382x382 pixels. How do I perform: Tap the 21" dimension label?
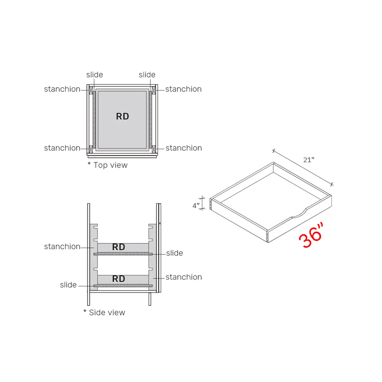[x=309, y=160]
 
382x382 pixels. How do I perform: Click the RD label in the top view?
[x=122, y=116]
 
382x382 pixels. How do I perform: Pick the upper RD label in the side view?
[x=118, y=247]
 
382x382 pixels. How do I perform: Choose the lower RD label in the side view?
[x=118, y=279]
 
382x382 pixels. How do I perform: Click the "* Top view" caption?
[x=108, y=165]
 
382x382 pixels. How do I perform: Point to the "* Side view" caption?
[x=104, y=313]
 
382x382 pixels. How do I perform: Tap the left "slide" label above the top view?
[x=94, y=75]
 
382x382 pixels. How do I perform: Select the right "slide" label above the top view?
[x=147, y=75]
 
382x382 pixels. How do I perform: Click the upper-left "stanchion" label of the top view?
[x=62, y=89]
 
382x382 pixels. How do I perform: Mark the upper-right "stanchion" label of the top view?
[x=183, y=89]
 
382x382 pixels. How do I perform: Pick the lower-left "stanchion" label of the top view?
[x=62, y=148]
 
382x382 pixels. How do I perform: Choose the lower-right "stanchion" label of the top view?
[x=184, y=148]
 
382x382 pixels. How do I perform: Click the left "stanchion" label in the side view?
[x=62, y=247]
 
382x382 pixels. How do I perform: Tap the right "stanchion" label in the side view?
[x=184, y=277]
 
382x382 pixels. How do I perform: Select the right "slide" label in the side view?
[x=174, y=253]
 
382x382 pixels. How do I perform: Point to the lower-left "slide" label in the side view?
[x=68, y=285]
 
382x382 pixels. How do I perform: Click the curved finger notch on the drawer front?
[x=298, y=213]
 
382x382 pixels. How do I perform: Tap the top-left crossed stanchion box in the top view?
[x=91, y=90]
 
